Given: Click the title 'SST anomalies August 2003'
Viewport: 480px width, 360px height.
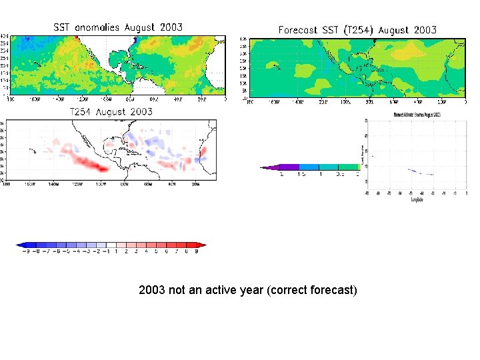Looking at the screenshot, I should [x=118, y=27].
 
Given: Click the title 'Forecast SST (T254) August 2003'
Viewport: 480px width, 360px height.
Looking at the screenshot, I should [x=357, y=29].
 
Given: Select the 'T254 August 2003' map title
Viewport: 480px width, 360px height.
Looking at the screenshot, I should [x=111, y=111].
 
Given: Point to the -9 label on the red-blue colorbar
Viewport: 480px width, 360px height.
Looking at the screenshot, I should [x=27, y=252].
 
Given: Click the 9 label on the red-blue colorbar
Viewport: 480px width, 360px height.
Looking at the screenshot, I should [x=196, y=252].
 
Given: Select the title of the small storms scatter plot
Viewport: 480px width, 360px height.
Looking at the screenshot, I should [x=411, y=115].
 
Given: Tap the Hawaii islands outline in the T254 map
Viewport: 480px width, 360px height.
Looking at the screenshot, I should [x=31, y=151].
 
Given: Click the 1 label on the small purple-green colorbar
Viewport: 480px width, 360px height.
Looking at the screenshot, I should [x=321, y=174].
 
